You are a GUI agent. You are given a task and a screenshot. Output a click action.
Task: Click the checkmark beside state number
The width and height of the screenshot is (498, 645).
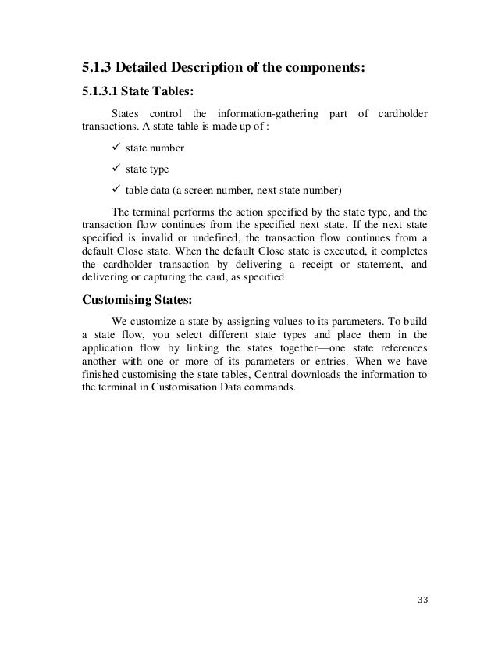pos(118,148)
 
